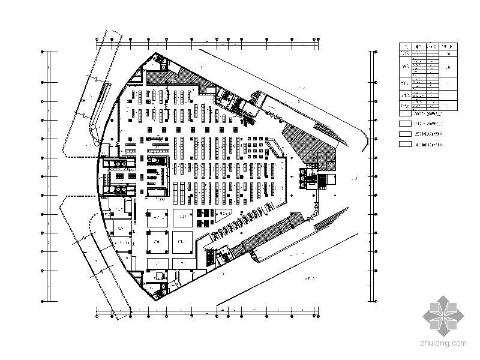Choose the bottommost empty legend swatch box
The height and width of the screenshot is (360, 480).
(x=406, y=144)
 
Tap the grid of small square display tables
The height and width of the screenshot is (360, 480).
(x=252, y=146)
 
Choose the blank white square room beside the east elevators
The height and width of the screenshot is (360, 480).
(x=329, y=179)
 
